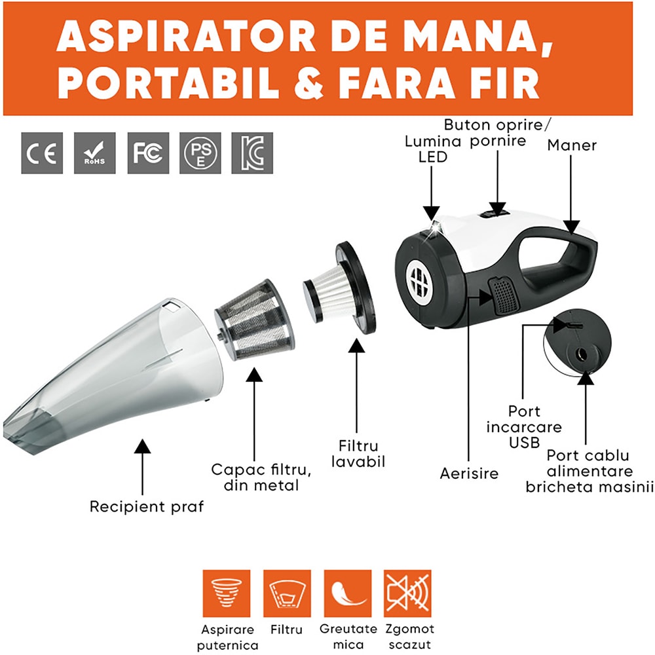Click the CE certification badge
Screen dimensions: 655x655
click(x=42, y=153)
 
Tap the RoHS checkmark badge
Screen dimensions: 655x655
click(x=95, y=153)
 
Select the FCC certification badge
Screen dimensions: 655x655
click(x=148, y=153)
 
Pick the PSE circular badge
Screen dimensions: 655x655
click(x=200, y=153)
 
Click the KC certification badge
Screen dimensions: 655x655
click(x=252, y=153)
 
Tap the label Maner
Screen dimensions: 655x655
click(x=572, y=145)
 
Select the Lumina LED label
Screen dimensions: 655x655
click(x=433, y=149)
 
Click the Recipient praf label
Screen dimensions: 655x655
click(x=147, y=507)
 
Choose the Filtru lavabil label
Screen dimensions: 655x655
click(x=358, y=454)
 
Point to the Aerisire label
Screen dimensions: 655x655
click(x=469, y=474)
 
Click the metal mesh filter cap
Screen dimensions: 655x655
click(x=255, y=320)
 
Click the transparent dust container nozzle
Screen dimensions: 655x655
click(x=113, y=376)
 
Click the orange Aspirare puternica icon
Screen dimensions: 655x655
click(x=227, y=593)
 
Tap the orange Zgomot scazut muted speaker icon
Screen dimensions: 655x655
click(x=407, y=593)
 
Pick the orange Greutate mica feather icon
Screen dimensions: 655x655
click(x=348, y=593)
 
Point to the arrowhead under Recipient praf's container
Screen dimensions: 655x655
click(x=142, y=446)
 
